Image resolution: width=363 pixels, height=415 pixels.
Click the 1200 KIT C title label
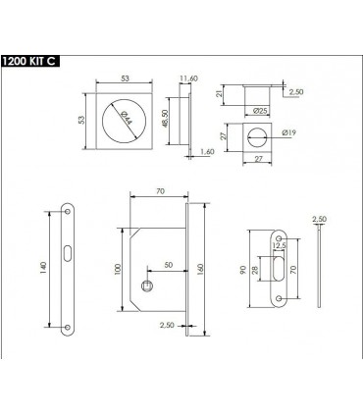pyautogui.click(x=29, y=61)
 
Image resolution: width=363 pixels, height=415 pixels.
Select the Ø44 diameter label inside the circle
pyautogui.click(x=127, y=119)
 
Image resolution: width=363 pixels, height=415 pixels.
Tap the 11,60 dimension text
pyautogui.click(x=189, y=78)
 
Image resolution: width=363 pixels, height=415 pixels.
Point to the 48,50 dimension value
pyautogui.click(x=165, y=118)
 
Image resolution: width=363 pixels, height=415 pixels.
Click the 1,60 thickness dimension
pyautogui.click(x=207, y=152)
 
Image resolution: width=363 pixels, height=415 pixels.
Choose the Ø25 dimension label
pyautogui.click(x=261, y=111)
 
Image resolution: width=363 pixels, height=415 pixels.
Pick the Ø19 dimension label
pyautogui.click(x=288, y=132)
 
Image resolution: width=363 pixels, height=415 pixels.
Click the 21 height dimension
pyautogui.click(x=220, y=93)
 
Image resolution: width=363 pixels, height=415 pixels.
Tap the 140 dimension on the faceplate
pyautogui.click(x=44, y=268)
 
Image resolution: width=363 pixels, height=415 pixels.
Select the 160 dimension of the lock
pyautogui.click(x=200, y=269)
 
